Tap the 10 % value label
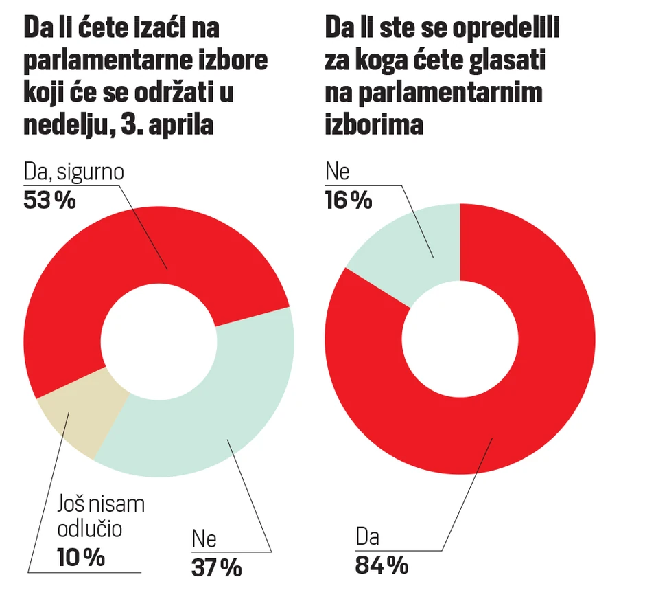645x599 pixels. tap(80, 557)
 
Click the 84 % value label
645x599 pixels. tap(382, 565)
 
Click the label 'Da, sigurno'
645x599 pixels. tap(74, 172)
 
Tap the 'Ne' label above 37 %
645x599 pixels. tap(204, 538)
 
